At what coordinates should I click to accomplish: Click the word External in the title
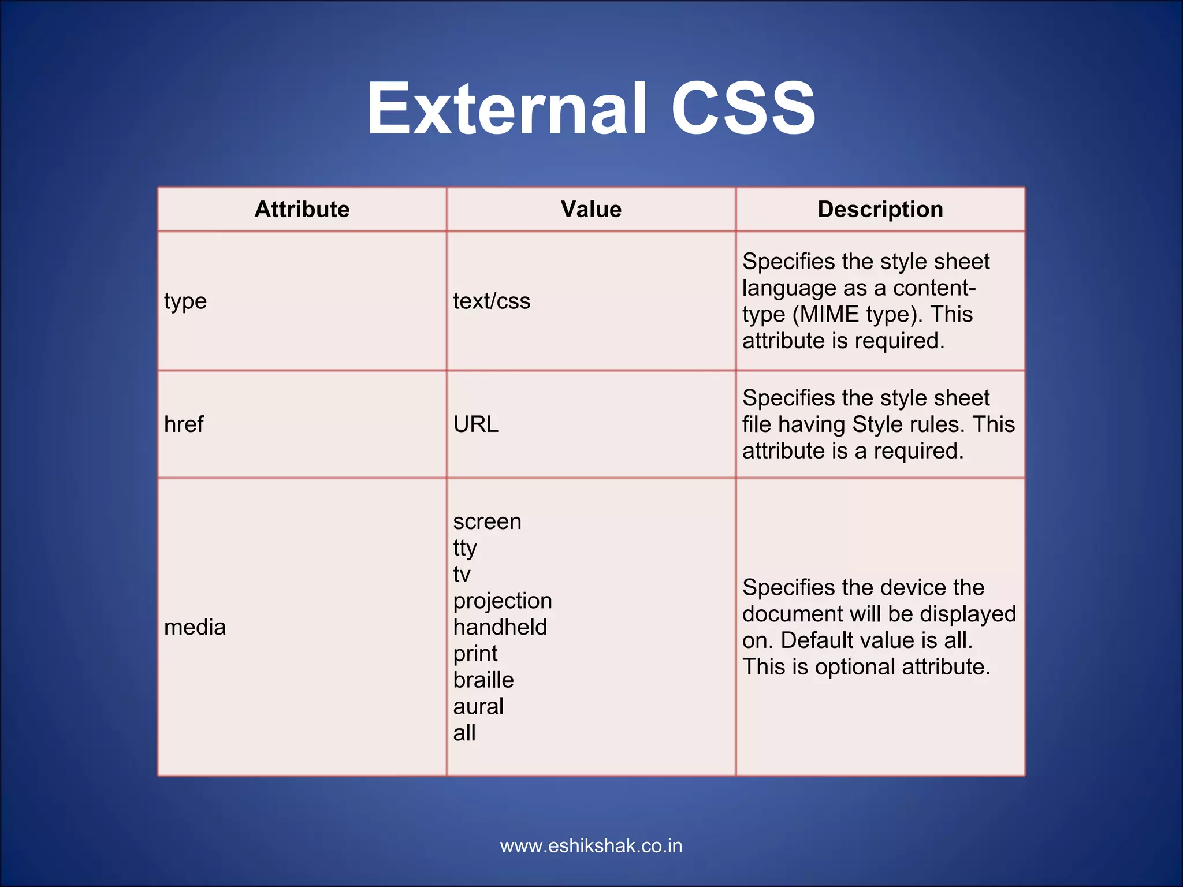coord(506,109)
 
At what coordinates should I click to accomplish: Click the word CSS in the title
coord(743,109)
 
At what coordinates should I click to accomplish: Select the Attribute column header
coord(302,209)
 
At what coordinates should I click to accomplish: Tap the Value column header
coord(591,209)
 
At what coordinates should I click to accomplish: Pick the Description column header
coord(880,209)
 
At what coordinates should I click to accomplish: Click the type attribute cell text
coord(185,301)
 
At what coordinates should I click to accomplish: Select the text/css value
coord(492,301)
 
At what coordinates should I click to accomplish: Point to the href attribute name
coord(184,424)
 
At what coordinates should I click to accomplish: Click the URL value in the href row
coord(475,424)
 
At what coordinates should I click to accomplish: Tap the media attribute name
coord(195,627)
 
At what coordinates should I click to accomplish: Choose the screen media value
coord(487,522)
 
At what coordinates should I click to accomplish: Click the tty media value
coord(464,548)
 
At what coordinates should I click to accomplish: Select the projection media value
coord(502,601)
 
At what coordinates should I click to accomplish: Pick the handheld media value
coord(500,627)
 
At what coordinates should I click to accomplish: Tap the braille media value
coord(483,680)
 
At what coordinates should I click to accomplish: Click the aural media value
coord(478,707)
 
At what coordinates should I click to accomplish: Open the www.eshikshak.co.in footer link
coord(591,846)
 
